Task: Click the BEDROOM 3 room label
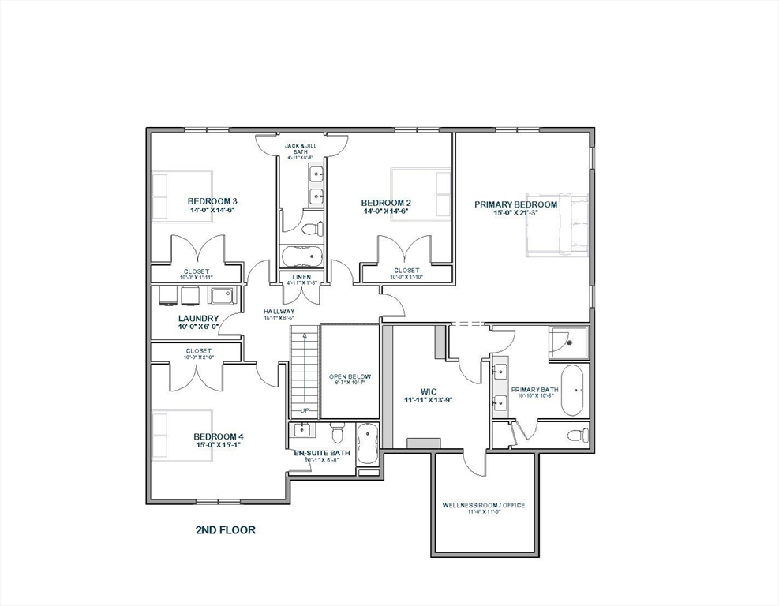(x=212, y=201)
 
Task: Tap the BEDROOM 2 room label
(x=386, y=203)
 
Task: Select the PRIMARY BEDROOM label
(x=515, y=204)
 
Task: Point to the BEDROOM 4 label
(x=219, y=436)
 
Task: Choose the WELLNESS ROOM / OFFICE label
(x=483, y=505)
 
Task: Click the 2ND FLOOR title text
(x=225, y=530)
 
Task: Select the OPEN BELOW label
(x=350, y=377)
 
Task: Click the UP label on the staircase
(x=303, y=411)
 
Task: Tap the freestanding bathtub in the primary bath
(x=573, y=390)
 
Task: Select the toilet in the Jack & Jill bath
(x=311, y=230)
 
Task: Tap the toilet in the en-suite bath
(x=338, y=433)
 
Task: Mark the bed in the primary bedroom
(x=559, y=224)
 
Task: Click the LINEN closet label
(x=301, y=276)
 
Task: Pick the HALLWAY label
(x=279, y=312)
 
